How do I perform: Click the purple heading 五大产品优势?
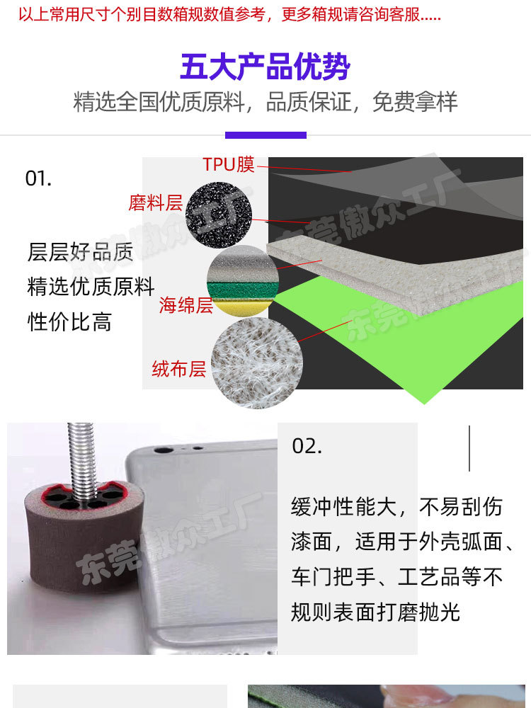(x=265, y=68)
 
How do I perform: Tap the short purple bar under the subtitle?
(x=265, y=135)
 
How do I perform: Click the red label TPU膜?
(x=228, y=164)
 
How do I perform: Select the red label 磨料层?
(x=156, y=204)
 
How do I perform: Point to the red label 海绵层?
(x=185, y=306)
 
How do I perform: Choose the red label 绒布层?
(x=178, y=368)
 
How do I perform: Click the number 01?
(x=38, y=178)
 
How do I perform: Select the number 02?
(x=307, y=446)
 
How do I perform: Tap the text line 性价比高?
(x=69, y=322)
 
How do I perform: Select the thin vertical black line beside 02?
(x=469, y=448)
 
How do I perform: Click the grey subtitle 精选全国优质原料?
(x=159, y=102)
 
